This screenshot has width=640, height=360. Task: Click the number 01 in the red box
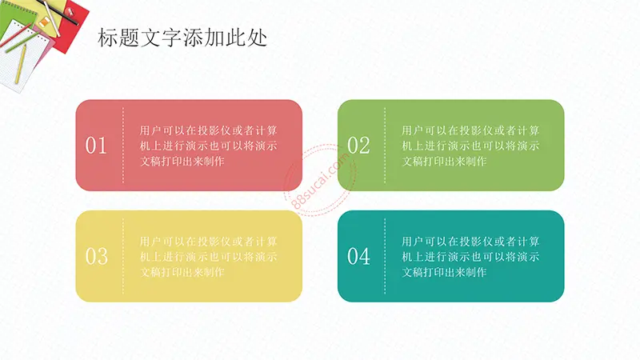[96, 146]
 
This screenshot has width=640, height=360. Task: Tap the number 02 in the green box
[358, 146]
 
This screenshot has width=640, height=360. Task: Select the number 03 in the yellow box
[96, 256]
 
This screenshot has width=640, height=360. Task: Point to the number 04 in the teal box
[358, 256]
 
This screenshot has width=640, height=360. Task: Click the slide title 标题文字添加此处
[182, 38]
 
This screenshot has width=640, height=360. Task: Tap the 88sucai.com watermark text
[322, 179]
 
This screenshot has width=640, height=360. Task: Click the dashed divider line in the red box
[123, 146]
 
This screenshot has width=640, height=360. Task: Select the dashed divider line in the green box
[385, 146]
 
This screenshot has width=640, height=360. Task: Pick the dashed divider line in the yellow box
[123, 256]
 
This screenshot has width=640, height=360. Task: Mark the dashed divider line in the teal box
[385, 256]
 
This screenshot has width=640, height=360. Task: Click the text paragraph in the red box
[209, 146]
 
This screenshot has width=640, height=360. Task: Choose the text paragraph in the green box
[470, 146]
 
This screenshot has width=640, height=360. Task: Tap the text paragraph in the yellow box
[209, 257]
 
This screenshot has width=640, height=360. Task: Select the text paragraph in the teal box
[470, 257]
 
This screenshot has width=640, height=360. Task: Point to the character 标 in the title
[108, 38]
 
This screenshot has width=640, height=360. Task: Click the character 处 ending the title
[258, 38]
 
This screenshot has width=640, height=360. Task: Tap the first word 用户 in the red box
[150, 130]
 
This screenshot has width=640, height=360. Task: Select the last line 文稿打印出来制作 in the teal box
[444, 272]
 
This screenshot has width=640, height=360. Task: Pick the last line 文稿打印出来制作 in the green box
[444, 162]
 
